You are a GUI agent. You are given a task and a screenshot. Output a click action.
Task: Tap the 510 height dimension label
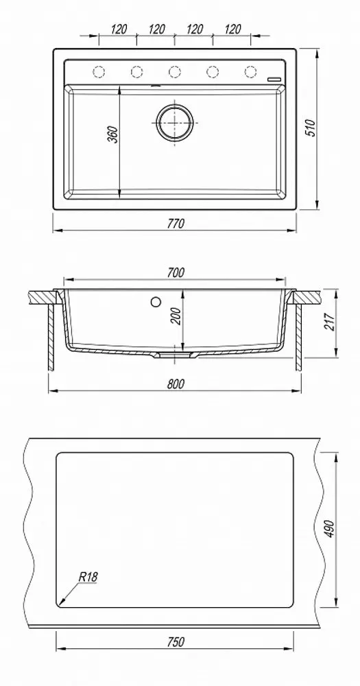[x=311, y=128]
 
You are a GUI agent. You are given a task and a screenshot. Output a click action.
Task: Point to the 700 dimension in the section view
[x=175, y=272]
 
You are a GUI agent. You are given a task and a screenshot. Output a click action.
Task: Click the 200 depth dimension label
[x=176, y=316]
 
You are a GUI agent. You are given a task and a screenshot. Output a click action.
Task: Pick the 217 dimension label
[x=330, y=322]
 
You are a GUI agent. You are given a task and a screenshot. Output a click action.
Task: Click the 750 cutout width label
[x=175, y=642]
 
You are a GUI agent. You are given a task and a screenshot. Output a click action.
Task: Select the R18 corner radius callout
[x=88, y=577]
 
